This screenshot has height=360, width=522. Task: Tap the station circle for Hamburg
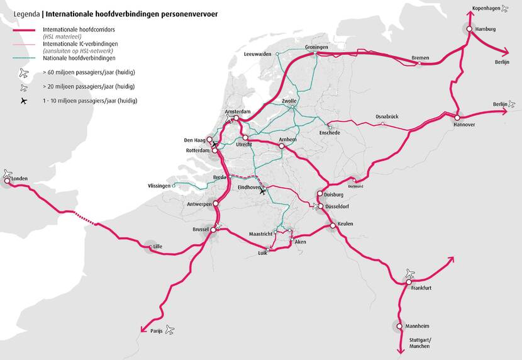click(469, 29)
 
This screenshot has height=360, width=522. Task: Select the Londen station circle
click(8, 181)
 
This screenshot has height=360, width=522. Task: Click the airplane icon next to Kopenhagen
click(505, 9)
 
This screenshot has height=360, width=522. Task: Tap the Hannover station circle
click(457, 117)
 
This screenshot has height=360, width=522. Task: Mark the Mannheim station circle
click(399, 326)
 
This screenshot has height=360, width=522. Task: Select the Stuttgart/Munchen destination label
click(421, 344)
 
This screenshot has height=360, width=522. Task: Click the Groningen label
click(316, 47)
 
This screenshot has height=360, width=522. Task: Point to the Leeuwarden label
click(257, 54)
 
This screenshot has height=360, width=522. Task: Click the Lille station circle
click(149, 247)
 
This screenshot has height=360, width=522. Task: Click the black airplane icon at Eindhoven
click(263, 192)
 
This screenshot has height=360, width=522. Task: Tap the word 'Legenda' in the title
click(19, 13)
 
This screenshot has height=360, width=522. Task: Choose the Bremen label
click(420, 58)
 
